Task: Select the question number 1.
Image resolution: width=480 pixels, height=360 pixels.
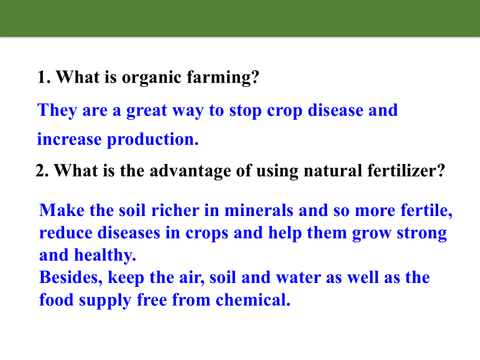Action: click(x=44, y=77)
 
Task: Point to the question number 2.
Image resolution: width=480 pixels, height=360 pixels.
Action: click(x=42, y=170)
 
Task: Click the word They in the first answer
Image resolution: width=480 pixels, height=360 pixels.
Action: click(x=57, y=111)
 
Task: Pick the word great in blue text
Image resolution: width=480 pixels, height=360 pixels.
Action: click(x=147, y=111)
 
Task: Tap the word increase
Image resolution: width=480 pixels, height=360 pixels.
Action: click(x=69, y=140)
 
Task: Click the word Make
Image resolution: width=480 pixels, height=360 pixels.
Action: click(x=62, y=210)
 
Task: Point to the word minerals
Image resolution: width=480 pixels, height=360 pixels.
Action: click(x=259, y=210)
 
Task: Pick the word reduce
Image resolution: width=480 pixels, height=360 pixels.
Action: click(x=66, y=233)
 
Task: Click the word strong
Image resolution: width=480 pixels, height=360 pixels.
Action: click(x=421, y=233)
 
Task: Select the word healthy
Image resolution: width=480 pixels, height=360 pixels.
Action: click(x=105, y=255)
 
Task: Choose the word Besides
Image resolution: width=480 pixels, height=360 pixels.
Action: click(x=71, y=278)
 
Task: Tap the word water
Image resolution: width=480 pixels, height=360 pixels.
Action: click(x=299, y=278)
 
